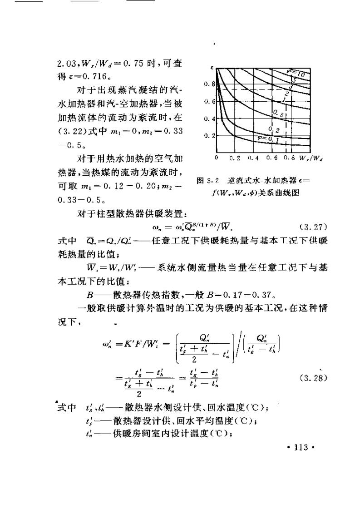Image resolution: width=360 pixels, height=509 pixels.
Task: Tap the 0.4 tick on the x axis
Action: (254, 158)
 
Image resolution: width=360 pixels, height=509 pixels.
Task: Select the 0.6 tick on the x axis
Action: (273, 158)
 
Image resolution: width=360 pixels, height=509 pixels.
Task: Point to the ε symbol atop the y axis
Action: (212, 68)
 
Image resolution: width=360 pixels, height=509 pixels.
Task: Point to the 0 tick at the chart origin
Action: (217, 158)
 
